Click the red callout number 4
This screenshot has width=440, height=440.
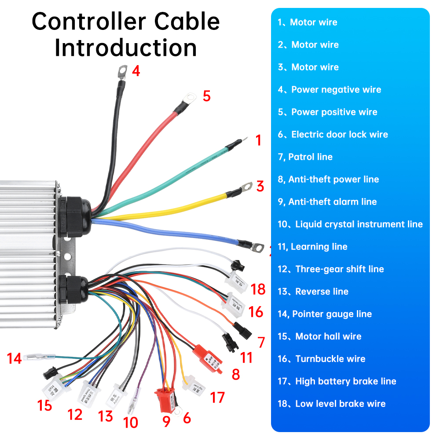click(x=136, y=70)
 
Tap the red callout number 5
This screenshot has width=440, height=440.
click(x=206, y=95)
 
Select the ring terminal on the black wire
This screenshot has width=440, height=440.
click(x=122, y=70)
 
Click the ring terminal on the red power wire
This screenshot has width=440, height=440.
click(x=189, y=96)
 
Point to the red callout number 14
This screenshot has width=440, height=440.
click(x=14, y=359)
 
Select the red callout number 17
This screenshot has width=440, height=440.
click(x=217, y=397)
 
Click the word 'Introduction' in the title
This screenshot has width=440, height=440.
click(x=125, y=48)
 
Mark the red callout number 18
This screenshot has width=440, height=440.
click(x=258, y=290)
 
